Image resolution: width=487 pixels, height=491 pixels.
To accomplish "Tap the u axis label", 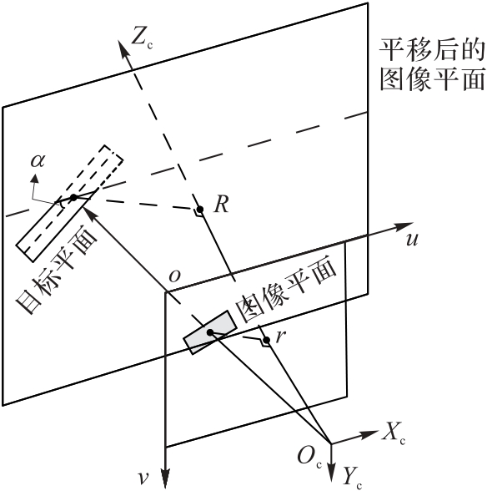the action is [411, 240].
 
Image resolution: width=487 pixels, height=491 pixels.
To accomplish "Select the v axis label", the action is [143, 478].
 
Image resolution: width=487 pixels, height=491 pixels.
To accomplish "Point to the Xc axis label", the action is [393, 436].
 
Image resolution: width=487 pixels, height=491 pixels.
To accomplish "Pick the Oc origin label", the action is [309, 458].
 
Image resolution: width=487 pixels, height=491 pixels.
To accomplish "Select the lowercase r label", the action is [280, 336].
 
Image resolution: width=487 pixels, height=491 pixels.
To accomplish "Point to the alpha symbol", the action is [38, 160].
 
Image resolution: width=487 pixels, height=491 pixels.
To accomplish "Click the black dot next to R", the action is [200, 209].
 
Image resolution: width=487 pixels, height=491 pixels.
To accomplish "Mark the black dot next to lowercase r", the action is [267, 340].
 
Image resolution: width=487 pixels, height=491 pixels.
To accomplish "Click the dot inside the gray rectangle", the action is [210, 332].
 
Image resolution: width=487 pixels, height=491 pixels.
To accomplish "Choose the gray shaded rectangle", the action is [210, 332].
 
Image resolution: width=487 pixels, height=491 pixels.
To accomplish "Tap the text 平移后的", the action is [432, 50].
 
